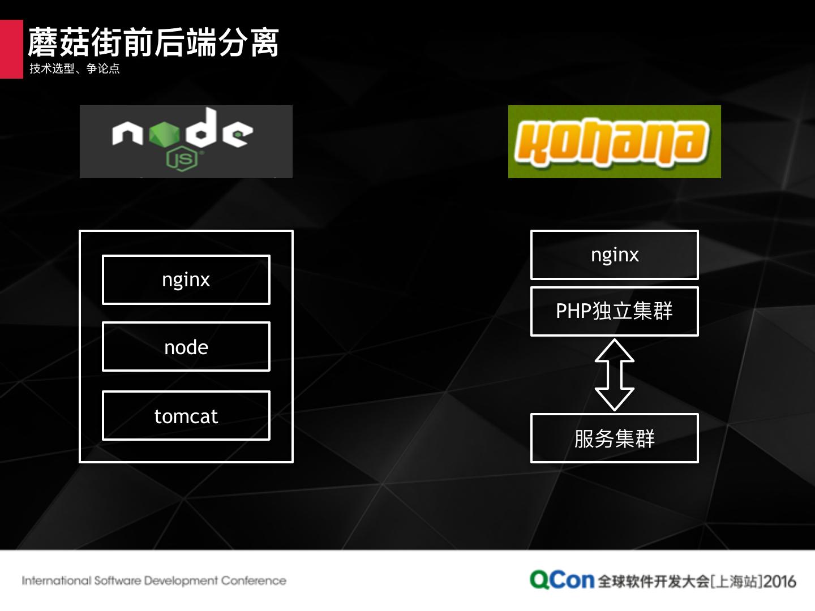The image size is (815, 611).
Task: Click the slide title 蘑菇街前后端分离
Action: pos(153,42)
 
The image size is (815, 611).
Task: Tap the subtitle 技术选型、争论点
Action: pos(75,69)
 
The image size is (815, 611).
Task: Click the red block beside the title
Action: pos(11,49)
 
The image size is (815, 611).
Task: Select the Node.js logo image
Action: pos(186,141)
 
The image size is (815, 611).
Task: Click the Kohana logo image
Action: pos(614,141)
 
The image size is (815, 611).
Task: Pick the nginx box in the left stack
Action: pos(186,279)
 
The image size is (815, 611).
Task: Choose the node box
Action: pos(186,347)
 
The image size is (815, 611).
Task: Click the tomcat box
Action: pos(186,416)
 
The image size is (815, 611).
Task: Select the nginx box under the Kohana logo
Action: pos(614,255)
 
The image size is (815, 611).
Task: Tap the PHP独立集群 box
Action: pos(614,311)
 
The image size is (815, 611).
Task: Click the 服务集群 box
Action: pos(614,438)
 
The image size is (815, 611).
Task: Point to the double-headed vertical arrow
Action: pos(614,375)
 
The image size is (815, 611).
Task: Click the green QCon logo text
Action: pos(561,580)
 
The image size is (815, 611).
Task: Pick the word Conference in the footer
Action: pos(254,580)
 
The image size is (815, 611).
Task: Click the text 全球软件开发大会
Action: pos(653,581)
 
